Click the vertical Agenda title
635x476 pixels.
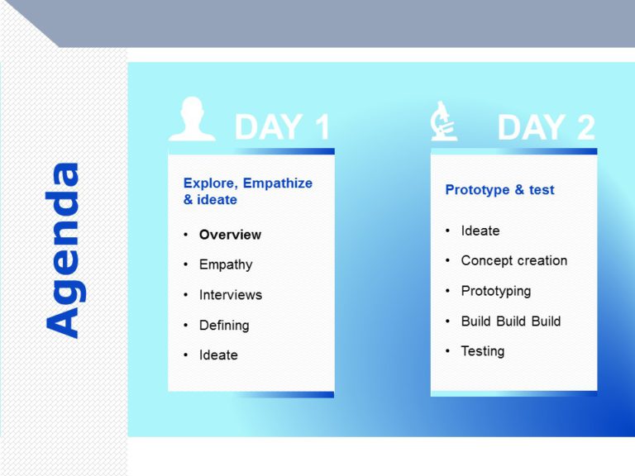tap(64, 250)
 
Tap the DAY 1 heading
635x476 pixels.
tap(282, 127)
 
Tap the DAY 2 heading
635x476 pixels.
tap(546, 127)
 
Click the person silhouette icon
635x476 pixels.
tap(192, 120)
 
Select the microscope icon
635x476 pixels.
tap(443, 121)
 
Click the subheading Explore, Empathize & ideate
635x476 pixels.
tap(247, 192)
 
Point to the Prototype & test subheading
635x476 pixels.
tap(499, 190)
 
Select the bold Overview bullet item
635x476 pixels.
tap(230, 235)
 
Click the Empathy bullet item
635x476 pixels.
tap(226, 264)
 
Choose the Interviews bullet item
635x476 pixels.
tap(230, 295)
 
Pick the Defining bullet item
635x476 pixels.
tap(224, 325)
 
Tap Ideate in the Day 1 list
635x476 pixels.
tap(218, 355)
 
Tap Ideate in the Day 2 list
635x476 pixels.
tap(480, 231)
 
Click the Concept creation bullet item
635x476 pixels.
tap(513, 260)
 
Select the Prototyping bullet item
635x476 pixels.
tap(495, 291)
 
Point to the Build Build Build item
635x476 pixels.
tap(510, 321)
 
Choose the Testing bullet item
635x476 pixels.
tap(482, 351)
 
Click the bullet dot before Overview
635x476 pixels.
tap(186, 236)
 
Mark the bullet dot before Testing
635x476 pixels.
tap(447, 351)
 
